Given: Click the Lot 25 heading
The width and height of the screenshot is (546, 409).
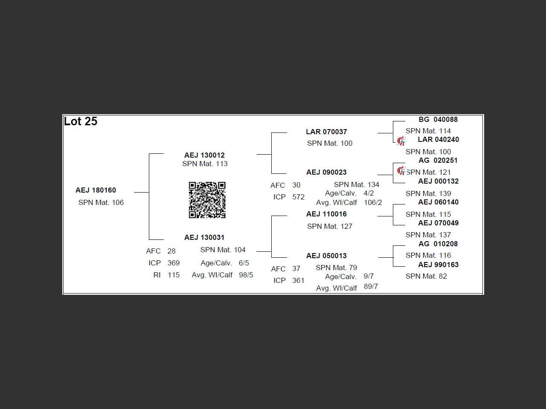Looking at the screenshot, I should tap(81, 121).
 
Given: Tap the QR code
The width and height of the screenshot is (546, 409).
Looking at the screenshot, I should tap(207, 200).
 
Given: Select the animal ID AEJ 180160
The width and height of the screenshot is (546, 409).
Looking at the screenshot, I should tap(96, 190).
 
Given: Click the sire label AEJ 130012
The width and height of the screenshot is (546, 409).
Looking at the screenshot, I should tap(204, 155).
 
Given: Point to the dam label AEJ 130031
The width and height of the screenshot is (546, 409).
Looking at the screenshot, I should tap(204, 237).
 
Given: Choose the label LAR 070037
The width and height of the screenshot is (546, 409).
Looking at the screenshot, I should tap(326, 132).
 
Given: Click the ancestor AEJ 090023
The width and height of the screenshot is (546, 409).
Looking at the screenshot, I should tap(326, 172).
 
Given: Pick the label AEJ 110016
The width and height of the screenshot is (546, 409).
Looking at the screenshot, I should tap(326, 214).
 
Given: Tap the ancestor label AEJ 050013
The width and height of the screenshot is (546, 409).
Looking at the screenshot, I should tap(326, 256).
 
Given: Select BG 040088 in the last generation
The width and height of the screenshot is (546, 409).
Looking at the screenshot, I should tap(438, 119).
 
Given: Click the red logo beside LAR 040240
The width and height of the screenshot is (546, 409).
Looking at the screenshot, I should tap(401, 141).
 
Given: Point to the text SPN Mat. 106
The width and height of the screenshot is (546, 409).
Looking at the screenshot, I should tap(101, 202).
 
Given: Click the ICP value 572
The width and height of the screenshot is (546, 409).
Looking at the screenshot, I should tap(298, 197).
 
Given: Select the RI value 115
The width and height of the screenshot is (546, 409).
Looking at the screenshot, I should tap(174, 275).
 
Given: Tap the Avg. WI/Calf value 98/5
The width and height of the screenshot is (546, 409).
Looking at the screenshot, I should tap(246, 275).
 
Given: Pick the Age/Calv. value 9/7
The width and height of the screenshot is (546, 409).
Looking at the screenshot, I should tap(369, 276).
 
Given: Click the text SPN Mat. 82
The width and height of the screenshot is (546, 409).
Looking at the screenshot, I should tap(426, 276).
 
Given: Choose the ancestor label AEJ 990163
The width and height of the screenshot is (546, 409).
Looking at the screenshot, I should tap(438, 265).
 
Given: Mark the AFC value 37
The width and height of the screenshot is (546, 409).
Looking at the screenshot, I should tap(296, 268).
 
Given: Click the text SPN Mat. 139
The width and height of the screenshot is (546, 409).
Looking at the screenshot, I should tap(428, 193).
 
